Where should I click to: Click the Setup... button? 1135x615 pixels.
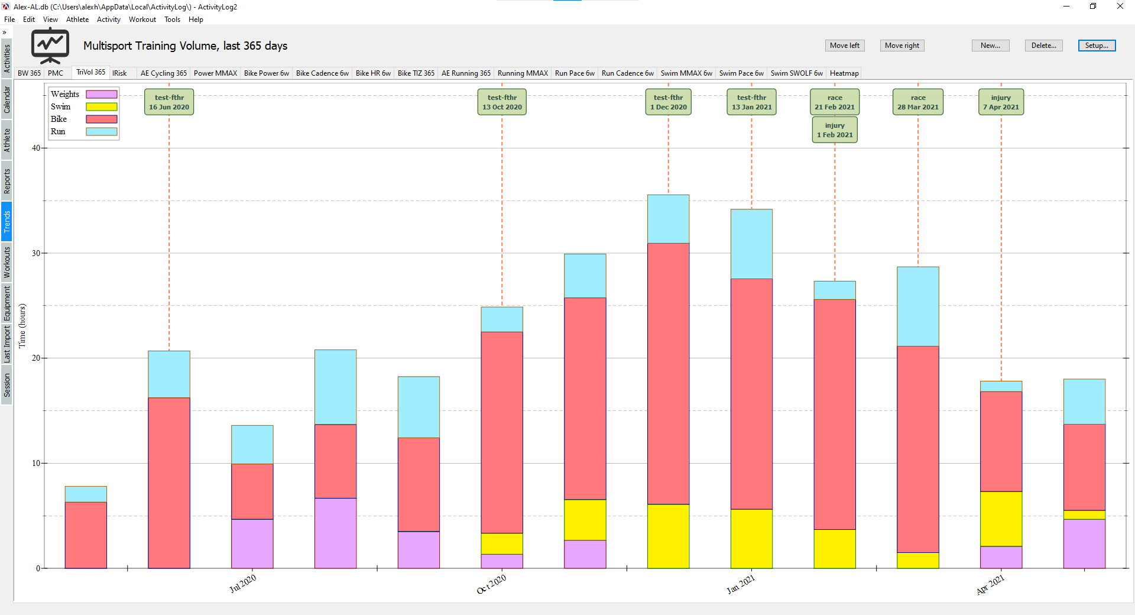click(x=1097, y=46)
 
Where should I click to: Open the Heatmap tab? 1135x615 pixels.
click(x=844, y=73)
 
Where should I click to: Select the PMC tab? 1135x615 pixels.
click(x=56, y=73)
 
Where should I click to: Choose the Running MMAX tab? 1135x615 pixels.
click(x=523, y=73)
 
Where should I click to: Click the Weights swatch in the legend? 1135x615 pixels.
click(x=102, y=94)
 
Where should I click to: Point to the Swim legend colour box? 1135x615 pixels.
click(x=102, y=107)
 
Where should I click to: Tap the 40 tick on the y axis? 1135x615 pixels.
click(x=36, y=148)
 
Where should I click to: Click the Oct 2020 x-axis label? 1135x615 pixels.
click(x=491, y=584)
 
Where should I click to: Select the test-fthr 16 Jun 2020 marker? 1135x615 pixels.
click(x=169, y=102)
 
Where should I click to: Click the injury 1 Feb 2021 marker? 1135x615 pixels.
click(x=835, y=130)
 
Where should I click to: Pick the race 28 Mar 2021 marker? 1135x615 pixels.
click(x=917, y=102)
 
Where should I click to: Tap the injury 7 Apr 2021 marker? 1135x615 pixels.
click(x=1001, y=102)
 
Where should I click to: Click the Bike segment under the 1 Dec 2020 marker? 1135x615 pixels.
click(x=668, y=373)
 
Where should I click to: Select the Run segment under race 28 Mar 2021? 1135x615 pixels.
click(x=917, y=306)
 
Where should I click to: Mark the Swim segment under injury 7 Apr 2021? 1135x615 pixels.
click(x=1001, y=519)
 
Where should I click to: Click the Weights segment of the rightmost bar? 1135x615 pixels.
click(x=1084, y=543)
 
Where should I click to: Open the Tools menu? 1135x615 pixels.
click(x=172, y=20)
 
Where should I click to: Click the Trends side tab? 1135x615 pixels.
click(x=7, y=222)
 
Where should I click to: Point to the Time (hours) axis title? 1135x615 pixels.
click(x=22, y=326)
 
